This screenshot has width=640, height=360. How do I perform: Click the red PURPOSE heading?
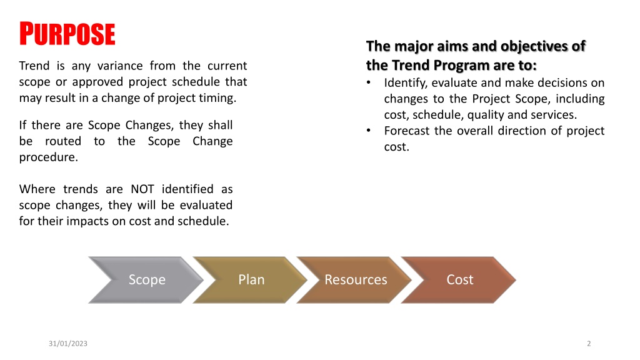[x=67, y=34]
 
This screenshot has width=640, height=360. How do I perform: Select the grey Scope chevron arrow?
[x=146, y=280]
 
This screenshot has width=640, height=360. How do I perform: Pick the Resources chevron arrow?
[x=354, y=280]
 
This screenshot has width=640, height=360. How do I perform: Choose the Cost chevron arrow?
[x=459, y=280]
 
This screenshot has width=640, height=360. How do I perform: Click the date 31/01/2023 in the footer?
[x=67, y=344]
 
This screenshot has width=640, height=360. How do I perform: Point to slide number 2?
[x=589, y=344]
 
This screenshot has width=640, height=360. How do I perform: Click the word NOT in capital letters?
[x=142, y=189]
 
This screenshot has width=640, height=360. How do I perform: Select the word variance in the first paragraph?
[x=120, y=66]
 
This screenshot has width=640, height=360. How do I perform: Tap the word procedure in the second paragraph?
[x=49, y=157]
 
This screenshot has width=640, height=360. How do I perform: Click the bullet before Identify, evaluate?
[x=369, y=83]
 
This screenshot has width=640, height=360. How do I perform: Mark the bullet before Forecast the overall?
[x=369, y=131]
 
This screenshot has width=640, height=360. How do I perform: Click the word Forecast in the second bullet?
[x=406, y=131]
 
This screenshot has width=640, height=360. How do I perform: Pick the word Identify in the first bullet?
[x=406, y=83]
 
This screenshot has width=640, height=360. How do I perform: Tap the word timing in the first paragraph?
[x=217, y=98]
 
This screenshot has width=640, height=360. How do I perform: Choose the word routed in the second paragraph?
[x=63, y=141]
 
